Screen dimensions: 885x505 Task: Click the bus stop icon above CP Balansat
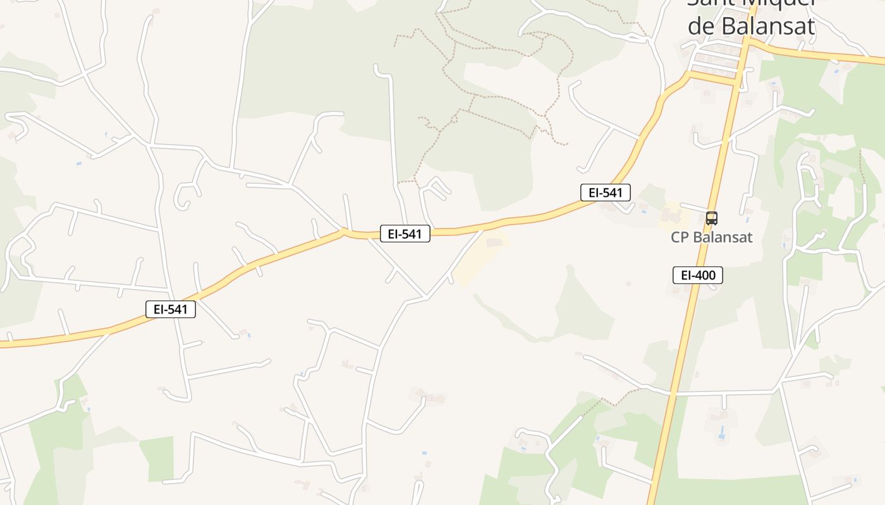coord(712,218)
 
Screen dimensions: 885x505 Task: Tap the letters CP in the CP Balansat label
coord(681,238)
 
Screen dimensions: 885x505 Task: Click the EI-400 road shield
coord(697,275)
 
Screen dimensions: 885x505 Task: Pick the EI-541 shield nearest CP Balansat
coord(606,193)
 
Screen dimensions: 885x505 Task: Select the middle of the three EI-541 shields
coord(405,234)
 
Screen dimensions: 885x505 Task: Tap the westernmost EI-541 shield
coord(171,309)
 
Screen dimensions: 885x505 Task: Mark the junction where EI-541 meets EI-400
coord(738,80)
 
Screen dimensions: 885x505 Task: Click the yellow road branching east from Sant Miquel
coord(822,55)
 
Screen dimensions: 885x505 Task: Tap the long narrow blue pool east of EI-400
coord(721,433)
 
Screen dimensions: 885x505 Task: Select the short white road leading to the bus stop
coord(692,208)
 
